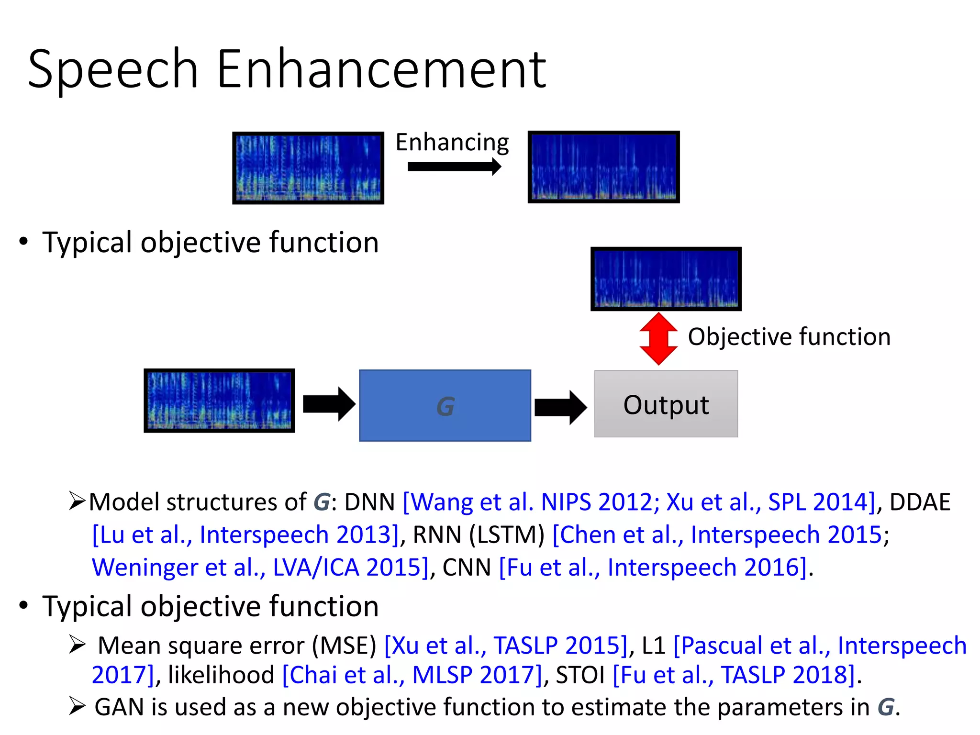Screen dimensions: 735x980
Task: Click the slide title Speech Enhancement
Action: [287, 69]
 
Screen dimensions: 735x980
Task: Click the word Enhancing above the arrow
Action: [452, 143]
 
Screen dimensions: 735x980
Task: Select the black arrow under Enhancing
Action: [454, 167]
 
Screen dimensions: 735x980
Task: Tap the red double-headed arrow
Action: [658, 339]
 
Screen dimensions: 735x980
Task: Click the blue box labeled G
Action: [445, 405]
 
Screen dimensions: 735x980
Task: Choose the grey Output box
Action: [666, 404]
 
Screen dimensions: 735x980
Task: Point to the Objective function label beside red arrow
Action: [789, 337]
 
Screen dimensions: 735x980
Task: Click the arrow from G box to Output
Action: [560, 407]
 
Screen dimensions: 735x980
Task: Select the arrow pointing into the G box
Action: [329, 404]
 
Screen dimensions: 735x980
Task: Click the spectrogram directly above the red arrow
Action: [666, 279]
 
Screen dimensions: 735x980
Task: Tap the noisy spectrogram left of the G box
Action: [219, 401]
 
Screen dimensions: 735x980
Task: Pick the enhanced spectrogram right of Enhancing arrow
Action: [603, 167]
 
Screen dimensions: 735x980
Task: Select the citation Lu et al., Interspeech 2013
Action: [245, 535]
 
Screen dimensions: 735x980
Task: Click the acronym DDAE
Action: [919, 502]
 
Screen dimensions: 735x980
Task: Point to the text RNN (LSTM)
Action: [479, 535]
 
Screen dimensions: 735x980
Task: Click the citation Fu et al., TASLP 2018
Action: [735, 675]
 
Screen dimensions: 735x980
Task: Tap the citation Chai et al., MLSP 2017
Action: [413, 675]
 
